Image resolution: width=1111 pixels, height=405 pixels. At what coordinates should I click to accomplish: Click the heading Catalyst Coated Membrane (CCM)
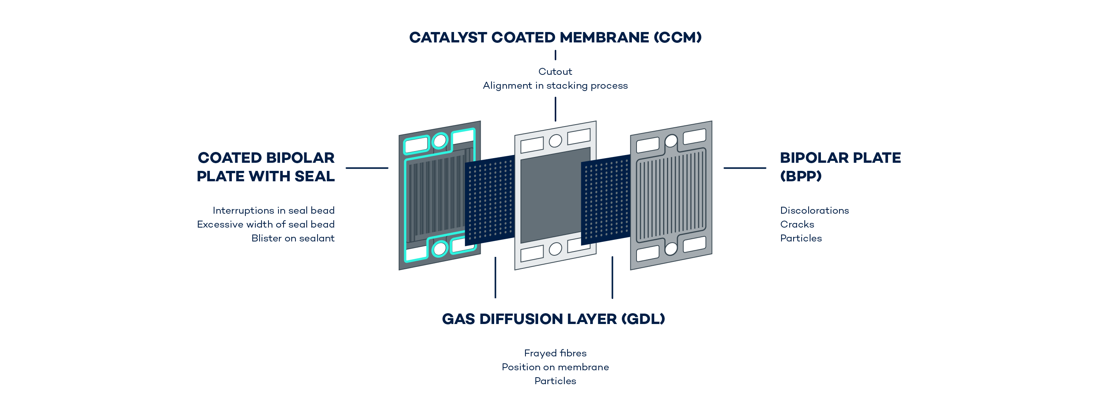tap(555, 37)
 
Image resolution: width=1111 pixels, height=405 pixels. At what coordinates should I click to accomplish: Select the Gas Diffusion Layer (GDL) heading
tap(553, 319)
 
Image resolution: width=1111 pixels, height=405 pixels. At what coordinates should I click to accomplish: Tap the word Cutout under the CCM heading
tap(555, 72)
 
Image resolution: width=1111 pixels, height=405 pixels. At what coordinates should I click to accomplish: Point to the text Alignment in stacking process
tap(555, 85)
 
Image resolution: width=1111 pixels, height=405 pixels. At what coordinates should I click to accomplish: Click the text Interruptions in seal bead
tap(274, 211)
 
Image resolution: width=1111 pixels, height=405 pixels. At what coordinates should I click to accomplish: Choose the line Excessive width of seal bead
tap(266, 224)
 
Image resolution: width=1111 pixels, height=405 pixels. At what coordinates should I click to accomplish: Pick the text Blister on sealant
tap(293, 238)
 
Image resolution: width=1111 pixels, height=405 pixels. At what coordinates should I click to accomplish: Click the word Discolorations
tap(814, 211)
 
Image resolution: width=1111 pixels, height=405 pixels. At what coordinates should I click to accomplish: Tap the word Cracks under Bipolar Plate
tap(797, 224)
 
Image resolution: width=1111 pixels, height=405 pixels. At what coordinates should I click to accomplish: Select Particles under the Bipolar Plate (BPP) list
tap(801, 238)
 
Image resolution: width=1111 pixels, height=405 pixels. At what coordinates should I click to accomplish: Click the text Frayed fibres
tap(555, 353)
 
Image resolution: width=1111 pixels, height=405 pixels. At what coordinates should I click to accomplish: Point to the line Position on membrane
tap(555, 367)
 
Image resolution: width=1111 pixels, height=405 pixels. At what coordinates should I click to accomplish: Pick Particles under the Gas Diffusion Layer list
tap(555, 381)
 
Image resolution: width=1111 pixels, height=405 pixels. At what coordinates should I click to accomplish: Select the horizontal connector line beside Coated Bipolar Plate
tap(366, 168)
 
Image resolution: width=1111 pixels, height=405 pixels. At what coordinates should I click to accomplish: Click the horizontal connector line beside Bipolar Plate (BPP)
tap(745, 168)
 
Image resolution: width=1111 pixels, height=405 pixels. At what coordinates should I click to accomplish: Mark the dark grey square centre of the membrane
tap(555, 195)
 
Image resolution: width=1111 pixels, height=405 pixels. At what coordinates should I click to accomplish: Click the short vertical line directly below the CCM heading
tap(555, 55)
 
